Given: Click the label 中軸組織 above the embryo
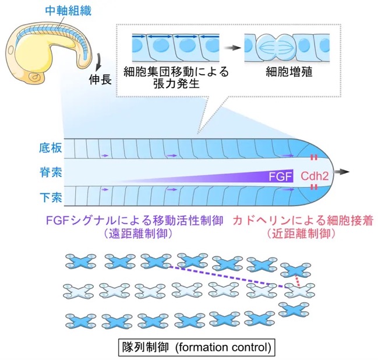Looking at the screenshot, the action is pos(68,11).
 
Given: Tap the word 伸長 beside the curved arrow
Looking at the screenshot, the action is pos(100,79).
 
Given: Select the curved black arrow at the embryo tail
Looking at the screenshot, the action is pos(98,61).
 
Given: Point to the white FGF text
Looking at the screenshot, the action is pos(280,177).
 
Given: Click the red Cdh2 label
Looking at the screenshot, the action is pos(315,177).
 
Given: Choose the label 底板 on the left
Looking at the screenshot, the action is pos(51,147).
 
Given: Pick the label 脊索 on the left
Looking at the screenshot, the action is pos(51,172).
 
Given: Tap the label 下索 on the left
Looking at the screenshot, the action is pos(51,197).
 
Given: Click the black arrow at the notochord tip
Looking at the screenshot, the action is pos(341,172).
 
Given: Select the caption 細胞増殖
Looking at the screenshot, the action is pos(289,72).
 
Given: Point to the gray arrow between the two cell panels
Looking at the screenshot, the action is pos(232,48).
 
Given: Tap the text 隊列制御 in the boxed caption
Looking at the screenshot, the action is pos(145,347).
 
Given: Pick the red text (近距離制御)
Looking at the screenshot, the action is pos(301,234).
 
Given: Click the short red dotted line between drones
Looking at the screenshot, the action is pos(298,281).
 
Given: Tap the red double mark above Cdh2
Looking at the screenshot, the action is pos(313,158).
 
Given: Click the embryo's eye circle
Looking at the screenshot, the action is pos(11,50).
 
